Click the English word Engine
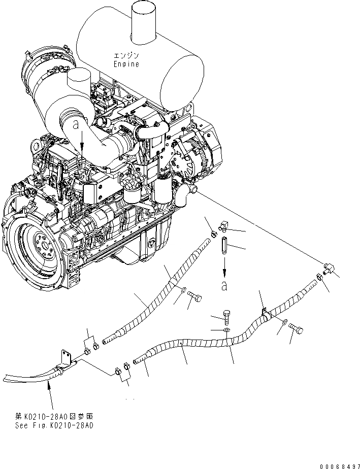(x=126, y=64)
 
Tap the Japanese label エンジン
(x=126, y=56)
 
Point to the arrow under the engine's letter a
(x=82, y=145)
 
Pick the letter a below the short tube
(x=224, y=286)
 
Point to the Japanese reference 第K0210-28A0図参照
(x=54, y=416)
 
